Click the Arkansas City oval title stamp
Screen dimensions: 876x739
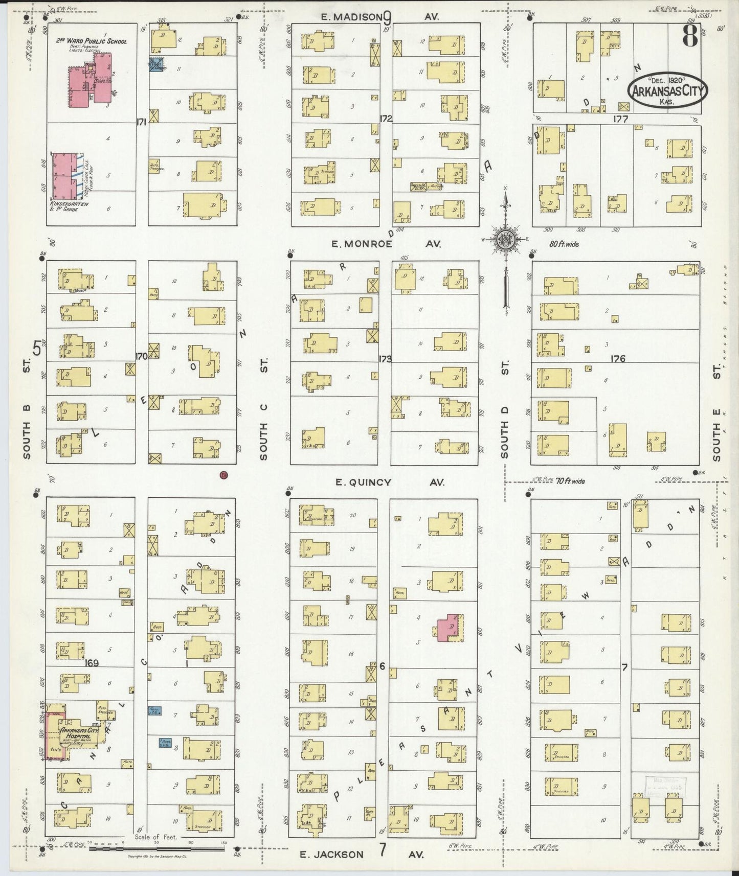[x=667, y=91]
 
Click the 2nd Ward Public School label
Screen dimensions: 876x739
[x=93, y=41]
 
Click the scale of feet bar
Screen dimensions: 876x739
[x=156, y=849]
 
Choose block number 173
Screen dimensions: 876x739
[x=385, y=359]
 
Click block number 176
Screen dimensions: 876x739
[x=618, y=359]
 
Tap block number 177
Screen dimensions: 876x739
[x=619, y=119]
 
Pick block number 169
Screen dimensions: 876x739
[x=92, y=663]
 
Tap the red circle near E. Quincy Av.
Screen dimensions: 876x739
[x=223, y=475]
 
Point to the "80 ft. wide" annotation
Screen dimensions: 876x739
[x=564, y=244]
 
